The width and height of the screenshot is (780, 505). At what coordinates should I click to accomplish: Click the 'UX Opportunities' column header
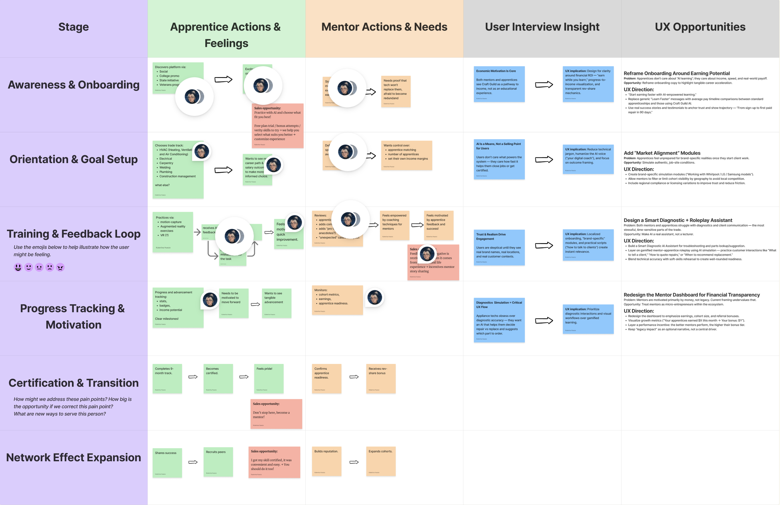[x=700, y=27]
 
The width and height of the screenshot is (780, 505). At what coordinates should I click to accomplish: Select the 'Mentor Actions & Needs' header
[x=384, y=27]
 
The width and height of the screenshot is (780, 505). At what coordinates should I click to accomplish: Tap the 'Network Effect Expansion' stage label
[x=73, y=458]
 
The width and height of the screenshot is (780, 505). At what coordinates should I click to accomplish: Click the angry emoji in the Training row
[x=60, y=267]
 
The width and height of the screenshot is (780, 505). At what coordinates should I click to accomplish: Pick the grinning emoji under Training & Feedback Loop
[x=18, y=267]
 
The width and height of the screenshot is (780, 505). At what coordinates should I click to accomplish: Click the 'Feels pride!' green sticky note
[x=269, y=378]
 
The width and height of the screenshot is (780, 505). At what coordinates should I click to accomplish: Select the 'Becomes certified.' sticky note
[x=218, y=378]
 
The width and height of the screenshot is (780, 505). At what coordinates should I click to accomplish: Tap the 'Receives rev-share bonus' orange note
[x=381, y=378]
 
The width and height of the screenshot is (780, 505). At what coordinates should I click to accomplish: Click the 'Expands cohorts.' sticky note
[x=381, y=461]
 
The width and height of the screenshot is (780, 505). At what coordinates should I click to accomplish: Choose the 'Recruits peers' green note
[x=218, y=462]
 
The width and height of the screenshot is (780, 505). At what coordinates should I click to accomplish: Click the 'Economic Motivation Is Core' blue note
[x=499, y=84]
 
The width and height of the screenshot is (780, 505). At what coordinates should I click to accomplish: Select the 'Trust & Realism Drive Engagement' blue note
[x=499, y=247]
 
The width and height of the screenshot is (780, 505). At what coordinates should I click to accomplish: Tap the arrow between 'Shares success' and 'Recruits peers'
[x=193, y=462]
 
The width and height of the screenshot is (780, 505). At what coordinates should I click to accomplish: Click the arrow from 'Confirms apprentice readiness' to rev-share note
[x=354, y=377]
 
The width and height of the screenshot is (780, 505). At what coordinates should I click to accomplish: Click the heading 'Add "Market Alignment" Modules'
[x=662, y=153]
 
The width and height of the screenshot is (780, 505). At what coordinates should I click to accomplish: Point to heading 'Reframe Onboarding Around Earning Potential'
[x=676, y=73]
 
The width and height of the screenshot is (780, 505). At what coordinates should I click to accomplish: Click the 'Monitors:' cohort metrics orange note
[x=337, y=300]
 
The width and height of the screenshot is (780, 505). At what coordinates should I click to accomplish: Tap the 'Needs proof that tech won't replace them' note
[x=396, y=91]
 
